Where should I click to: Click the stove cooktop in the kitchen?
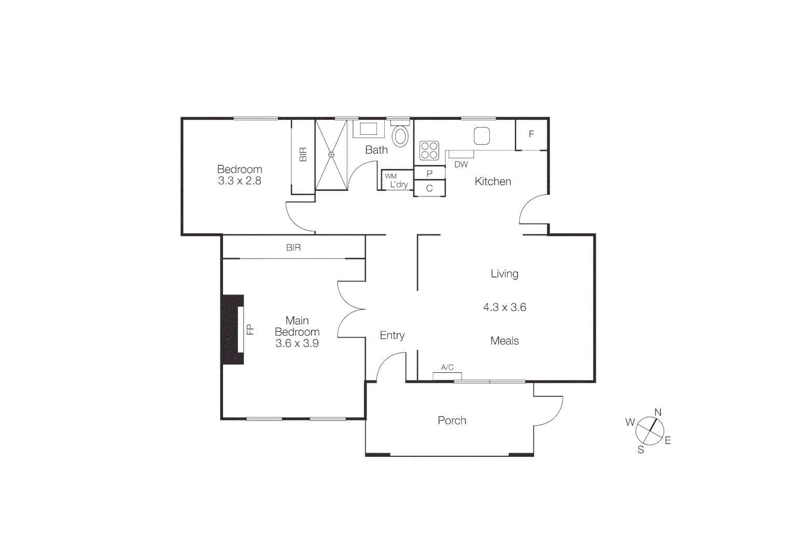click(x=429, y=150)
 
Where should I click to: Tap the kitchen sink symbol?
click(x=481, y=136)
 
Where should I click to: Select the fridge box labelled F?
click(x=531, y=134)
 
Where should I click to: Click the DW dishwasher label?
click(x=461, y=164)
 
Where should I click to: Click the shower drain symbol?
click(x=331, y=154)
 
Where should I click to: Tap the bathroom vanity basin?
click(x=368, y=129)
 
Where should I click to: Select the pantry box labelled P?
click(x=429, y=174)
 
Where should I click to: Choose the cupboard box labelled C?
click(x=429, y=188)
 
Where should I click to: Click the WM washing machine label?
click(x=391, y=176)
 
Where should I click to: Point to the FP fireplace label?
click(x=250, y=329)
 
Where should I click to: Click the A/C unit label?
click(x=447, y=367)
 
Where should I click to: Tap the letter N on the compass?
click(x=658, y=412)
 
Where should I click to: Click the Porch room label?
click(x=452, y=421)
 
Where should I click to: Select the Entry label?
click(x=392, y=335)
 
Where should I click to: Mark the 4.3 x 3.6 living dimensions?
click(x=504, y=307)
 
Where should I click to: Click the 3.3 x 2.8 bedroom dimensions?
click(x=239, y=181)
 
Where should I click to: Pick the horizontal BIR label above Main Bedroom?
click(x=294, y=248)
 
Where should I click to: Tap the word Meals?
click(x=504, y=341)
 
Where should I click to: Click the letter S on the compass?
click(x=641, y=450)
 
